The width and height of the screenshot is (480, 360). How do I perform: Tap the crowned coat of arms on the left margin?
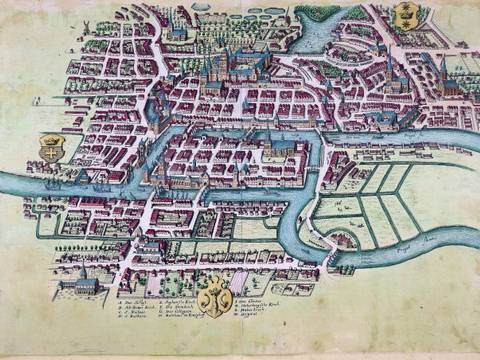[x=50, y=150]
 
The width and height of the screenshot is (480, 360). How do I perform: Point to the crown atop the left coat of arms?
[x=50, y=138]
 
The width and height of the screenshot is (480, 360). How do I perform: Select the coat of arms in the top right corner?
[x=404, y=14]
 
